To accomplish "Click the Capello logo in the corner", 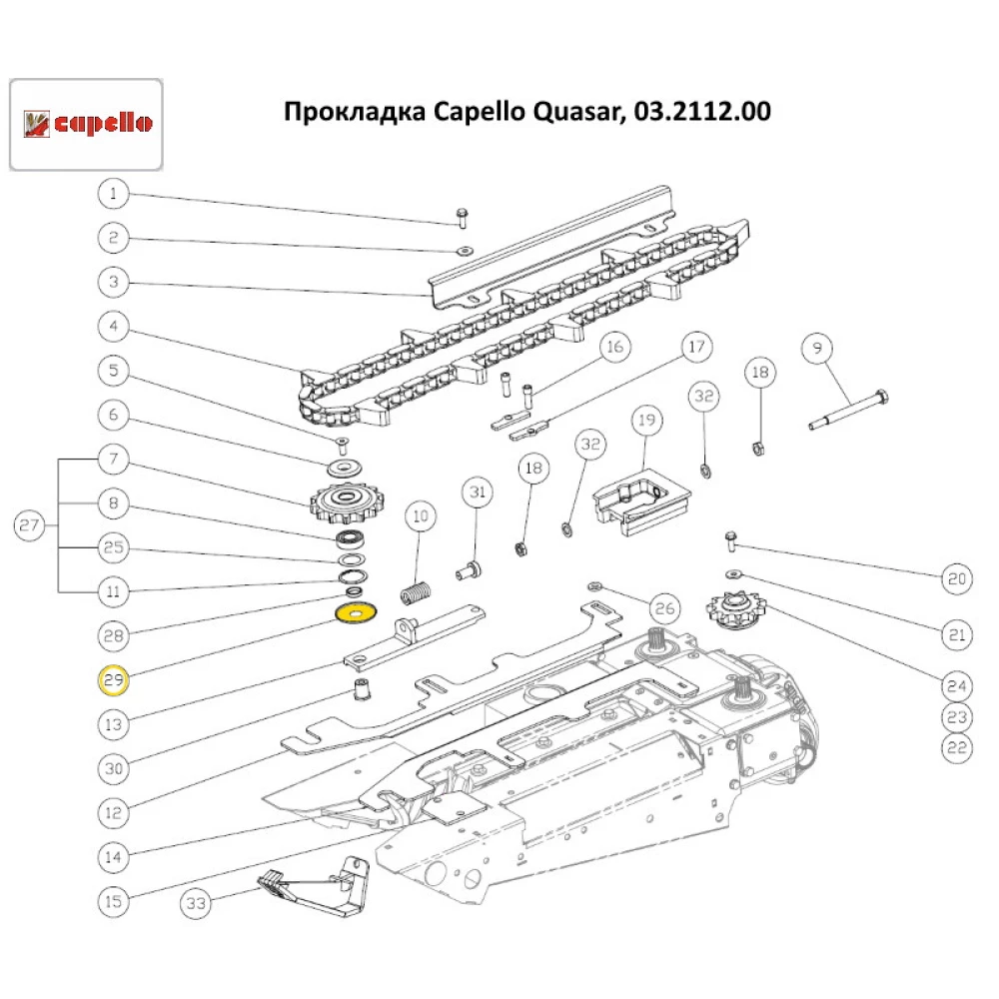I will click(87, 124).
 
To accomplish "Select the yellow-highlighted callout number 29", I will click(113, 681).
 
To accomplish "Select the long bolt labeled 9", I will click(848, 411).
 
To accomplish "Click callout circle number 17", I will click(695, 348).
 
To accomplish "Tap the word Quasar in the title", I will click(562, 111).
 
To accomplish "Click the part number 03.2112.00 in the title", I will click(700, 111).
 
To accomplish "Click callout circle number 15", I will click(113, 901).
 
